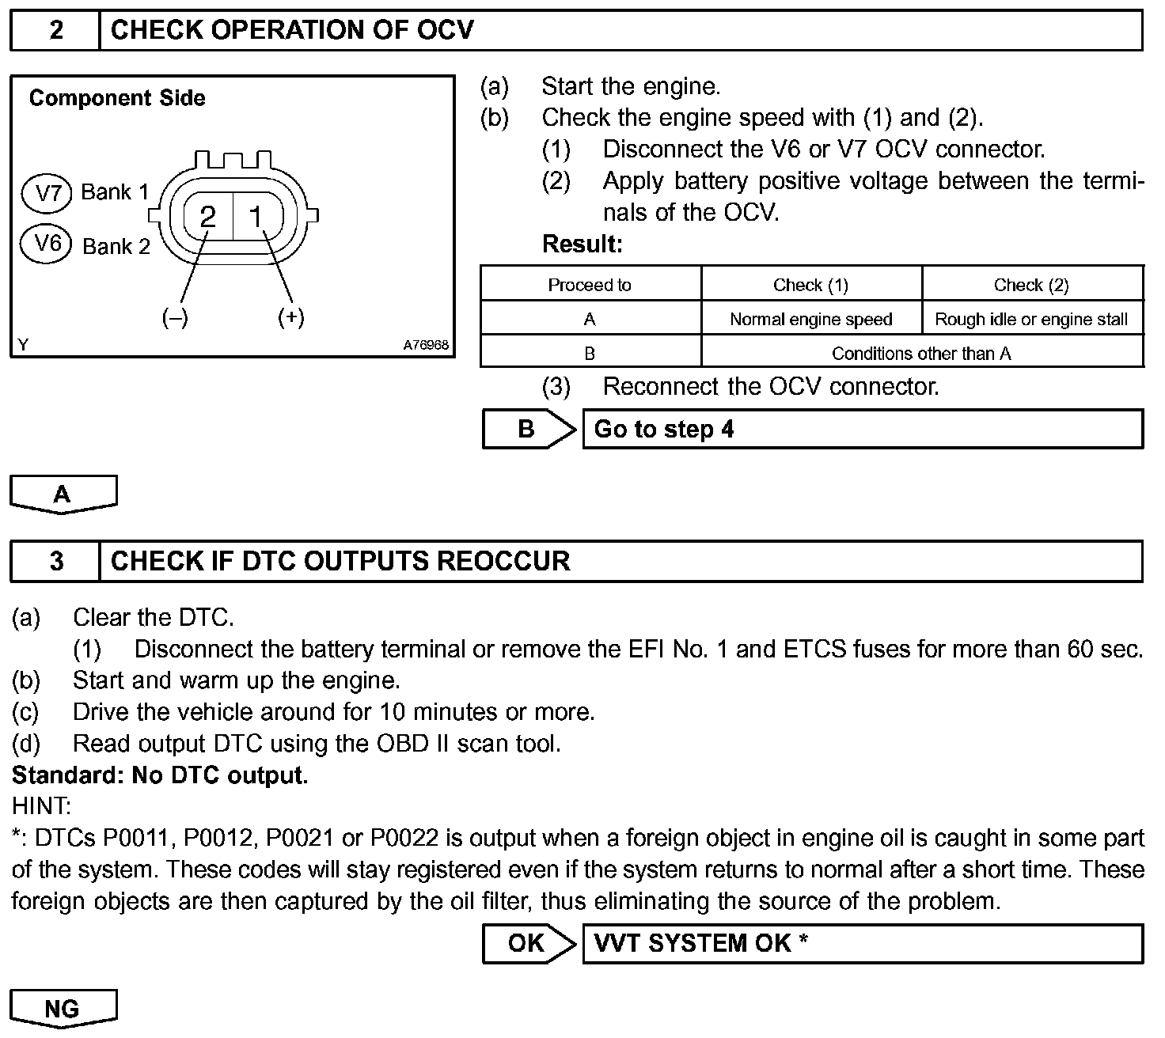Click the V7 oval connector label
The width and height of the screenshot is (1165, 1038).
pos(49,193)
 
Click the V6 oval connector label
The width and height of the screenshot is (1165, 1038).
pos(49,243)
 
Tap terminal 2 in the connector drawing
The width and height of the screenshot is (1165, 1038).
pos(208,217)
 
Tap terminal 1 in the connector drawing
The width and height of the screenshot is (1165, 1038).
pos(256,216)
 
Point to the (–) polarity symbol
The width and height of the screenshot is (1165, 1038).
pos(175,318)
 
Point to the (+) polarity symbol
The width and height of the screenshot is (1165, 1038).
pos(291,317)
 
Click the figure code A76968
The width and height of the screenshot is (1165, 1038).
pos(426,345)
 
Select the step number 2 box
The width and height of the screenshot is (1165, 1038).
pos(56,31)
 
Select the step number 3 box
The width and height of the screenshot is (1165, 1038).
pos(56,562)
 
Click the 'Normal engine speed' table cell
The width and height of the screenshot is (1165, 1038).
pos(810,320)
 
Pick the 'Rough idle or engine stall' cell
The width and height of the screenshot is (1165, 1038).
pos(1031,320)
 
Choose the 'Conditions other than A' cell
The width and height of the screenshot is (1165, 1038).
pos(921,354)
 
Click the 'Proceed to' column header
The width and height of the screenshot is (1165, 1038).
pos(590,286)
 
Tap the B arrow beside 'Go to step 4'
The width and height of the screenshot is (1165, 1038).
pos(528,430)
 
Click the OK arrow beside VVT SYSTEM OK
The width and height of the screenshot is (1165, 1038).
pos(528,943)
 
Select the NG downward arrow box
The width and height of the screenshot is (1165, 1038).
pos(63,1009)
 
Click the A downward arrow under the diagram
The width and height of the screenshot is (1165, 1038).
pos(63,494)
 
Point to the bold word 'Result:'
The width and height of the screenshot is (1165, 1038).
pos(582,244)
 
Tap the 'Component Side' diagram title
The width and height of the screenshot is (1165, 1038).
pos(117,98)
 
